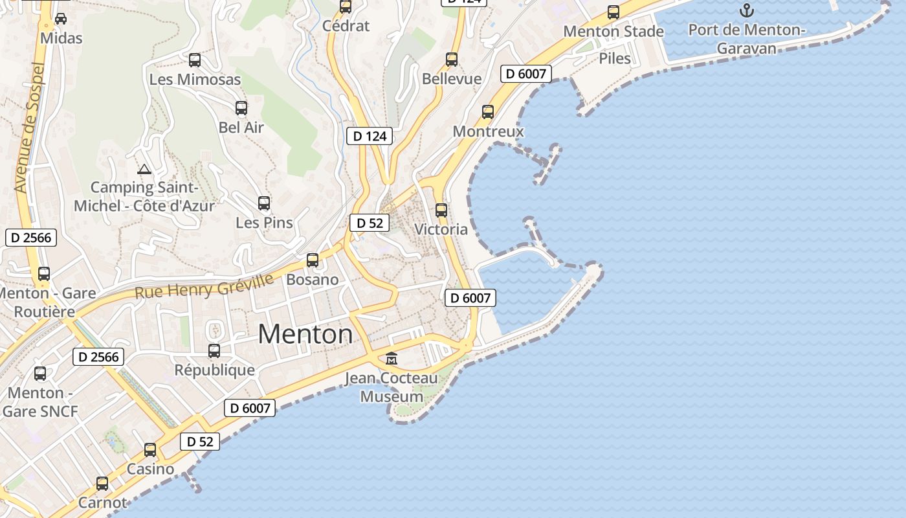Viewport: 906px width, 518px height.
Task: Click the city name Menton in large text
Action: click(x=305, y=334)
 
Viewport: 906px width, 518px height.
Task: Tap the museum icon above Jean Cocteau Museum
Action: click(x=392, y=358)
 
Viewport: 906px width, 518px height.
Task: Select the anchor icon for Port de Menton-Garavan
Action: click(x=747, y=10)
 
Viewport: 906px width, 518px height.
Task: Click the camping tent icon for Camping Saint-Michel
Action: click(x=144, y=170)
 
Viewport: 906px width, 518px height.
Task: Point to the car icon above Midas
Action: click(x=61, y=19)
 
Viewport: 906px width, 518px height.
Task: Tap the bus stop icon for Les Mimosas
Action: click(x=195, y=61)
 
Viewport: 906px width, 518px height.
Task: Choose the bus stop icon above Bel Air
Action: click(x=241, y=108)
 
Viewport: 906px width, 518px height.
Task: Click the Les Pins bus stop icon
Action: click(x=264, y=203)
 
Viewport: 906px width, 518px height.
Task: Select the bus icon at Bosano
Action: click(x=313, y=260)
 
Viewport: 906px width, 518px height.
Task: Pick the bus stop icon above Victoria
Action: click(x=441, y=210)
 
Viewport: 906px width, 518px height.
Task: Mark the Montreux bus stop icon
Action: click(x=488, y=112)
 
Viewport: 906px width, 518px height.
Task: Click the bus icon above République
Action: click(x=214, y=351)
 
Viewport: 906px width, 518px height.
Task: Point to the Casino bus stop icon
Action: click(x=150, y=450)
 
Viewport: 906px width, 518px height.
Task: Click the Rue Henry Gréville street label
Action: click(x=204, y=285)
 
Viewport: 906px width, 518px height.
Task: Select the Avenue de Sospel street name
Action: click(x=30, y=128)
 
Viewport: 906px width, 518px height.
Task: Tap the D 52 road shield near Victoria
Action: click(x=370, y=223)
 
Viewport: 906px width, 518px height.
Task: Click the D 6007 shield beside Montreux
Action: click(x=526, y=74)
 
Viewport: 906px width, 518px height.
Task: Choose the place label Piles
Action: click(x=614, y=58)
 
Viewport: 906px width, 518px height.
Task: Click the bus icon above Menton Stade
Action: click(x=613, y=12)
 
